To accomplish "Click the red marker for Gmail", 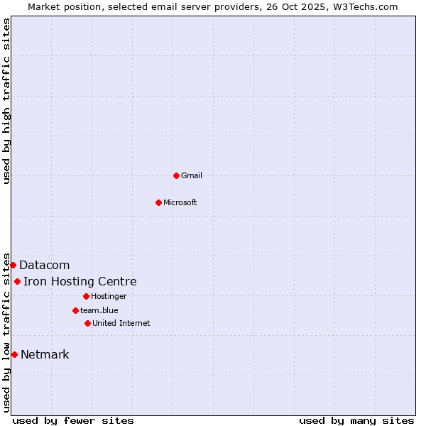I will click(176, 175).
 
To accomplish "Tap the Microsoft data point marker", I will click(159, 202).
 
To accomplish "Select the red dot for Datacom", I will click(13, 265).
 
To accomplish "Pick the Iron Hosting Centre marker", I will click(17, 282).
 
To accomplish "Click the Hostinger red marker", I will click(86, 296).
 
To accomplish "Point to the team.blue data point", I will click(75, 310).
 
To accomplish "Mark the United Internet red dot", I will click(87, 323).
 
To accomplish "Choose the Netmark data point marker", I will click(14, 354).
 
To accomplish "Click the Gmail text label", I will click(192, 175).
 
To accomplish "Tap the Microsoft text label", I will click(180, 202).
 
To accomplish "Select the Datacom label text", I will click(45, 265).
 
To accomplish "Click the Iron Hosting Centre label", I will click(80, 282).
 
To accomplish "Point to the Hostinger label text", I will click(109, 296).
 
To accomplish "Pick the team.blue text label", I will click(99, 310).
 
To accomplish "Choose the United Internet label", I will click(121, 323).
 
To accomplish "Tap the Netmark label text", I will click(45, 355).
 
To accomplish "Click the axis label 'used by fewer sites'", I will click(73, 420).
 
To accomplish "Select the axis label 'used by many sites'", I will click(356, 420).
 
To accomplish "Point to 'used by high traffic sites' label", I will click(6, 101).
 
